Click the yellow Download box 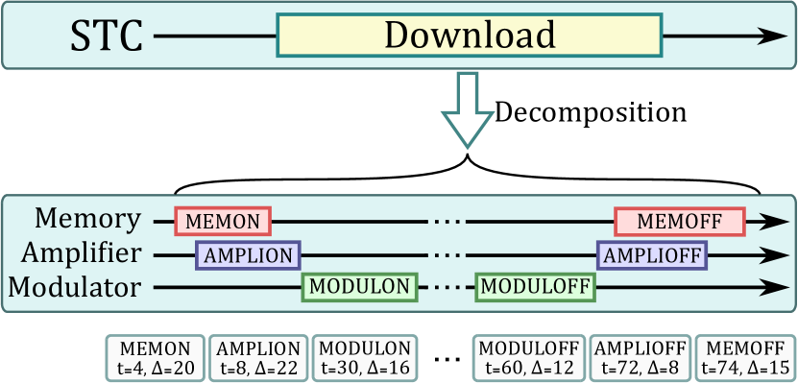[x=469, y=36]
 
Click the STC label [x=107, y=37]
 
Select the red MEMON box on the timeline [x=223, y=222]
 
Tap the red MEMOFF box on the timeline [x=680, y=222]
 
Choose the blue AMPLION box [x=248, y=254]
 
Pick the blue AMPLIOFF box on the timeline [x=653, y=254]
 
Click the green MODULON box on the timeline [x=360, y=286]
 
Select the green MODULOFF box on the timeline [x=535, y=286]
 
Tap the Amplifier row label [x=85, y=254]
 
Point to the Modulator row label [x=84, y=286]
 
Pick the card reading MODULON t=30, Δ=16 [x=365, y=357]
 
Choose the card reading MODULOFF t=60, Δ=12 [x=527, y=357]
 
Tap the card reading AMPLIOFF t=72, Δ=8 [x=639, y=357]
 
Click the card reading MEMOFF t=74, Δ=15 [x=741, y=357]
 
